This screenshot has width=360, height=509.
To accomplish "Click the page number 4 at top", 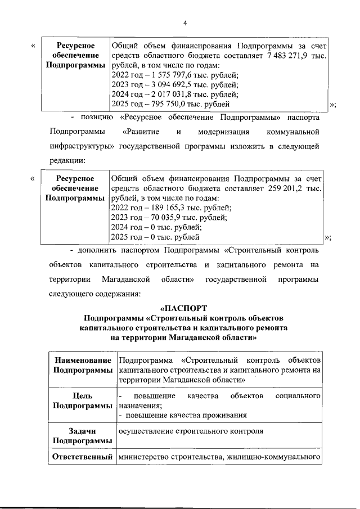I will pyautogui.click(x=184, y=22).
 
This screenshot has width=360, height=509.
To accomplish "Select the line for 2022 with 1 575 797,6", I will pyautogui.click(x=175, y=75).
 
